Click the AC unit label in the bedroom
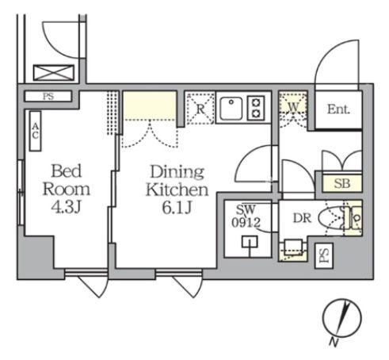(x=35, y=131)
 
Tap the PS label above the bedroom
(x=48, y=97)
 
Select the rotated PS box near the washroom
(x=324, y=256)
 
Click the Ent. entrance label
(x=338, y=109)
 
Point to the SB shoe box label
(x=342, y=183)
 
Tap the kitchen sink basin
(x=231, y=109)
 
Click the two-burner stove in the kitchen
(x=256, y=108)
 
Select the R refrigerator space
(x=200, y=108)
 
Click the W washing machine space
(x=293, y=108)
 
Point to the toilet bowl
(x=330, y=219)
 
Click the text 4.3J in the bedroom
(x=66, y=207)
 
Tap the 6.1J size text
(x=177, y=208)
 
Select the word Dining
(x=177, y=173)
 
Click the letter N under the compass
(x=334, y=343)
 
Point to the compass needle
(x=343, y=318)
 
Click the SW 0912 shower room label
(x=246, y=216)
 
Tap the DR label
(x=302, y=218)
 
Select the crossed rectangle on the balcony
(x=54, y=73)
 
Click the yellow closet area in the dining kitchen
(x=150, y=105)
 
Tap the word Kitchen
(x=177, y=190)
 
